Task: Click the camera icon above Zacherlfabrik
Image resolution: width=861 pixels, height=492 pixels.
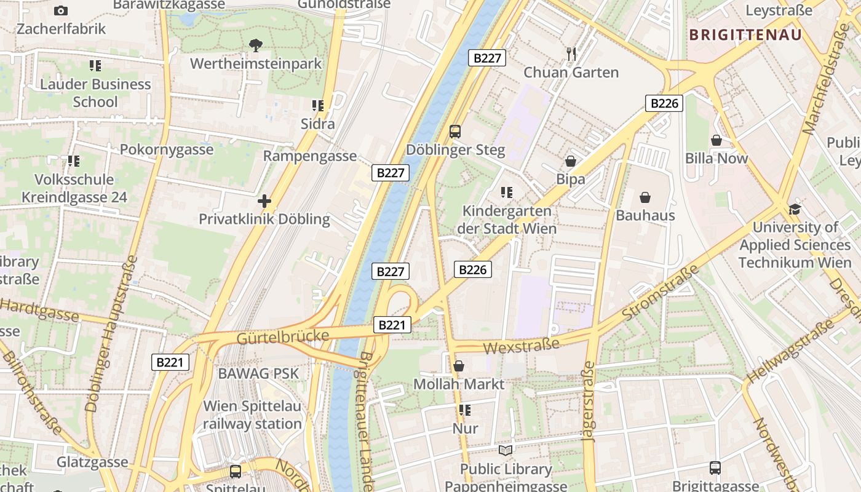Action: (61, 10)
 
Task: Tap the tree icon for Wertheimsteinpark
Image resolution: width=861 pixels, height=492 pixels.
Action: (255, 45)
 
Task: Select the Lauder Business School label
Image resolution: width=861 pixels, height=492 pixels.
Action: (95, 93)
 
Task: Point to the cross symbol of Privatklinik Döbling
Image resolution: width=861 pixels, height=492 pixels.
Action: (264, 201)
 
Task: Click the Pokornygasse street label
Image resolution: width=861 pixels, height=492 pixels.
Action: (167, 149)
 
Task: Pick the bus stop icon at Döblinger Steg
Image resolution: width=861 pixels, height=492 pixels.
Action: (455, 131)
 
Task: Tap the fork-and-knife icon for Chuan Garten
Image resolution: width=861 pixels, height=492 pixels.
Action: (571, 54)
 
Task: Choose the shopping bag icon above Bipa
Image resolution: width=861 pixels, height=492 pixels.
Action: (571, 161)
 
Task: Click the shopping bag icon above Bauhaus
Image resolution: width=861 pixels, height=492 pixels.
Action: (645, 197)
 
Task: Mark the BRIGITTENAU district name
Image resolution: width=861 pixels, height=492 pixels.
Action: (745, 34)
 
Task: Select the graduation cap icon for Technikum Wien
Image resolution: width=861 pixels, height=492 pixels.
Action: (795, 209)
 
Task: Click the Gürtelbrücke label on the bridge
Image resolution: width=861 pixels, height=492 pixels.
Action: (283, 337)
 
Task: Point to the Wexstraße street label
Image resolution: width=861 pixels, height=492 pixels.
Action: (521, 346)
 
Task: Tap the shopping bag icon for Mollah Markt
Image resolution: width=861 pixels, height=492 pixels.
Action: (458, 367)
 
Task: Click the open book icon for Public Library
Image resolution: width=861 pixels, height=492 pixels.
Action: (506, 451)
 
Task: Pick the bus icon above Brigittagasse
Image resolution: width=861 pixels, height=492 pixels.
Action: (715, 468)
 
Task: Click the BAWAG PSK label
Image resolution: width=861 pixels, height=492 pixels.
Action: (258, 373)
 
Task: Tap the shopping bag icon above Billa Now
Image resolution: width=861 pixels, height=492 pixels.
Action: (716, 141)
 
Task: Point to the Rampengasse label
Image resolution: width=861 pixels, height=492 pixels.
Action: (310, 156)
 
